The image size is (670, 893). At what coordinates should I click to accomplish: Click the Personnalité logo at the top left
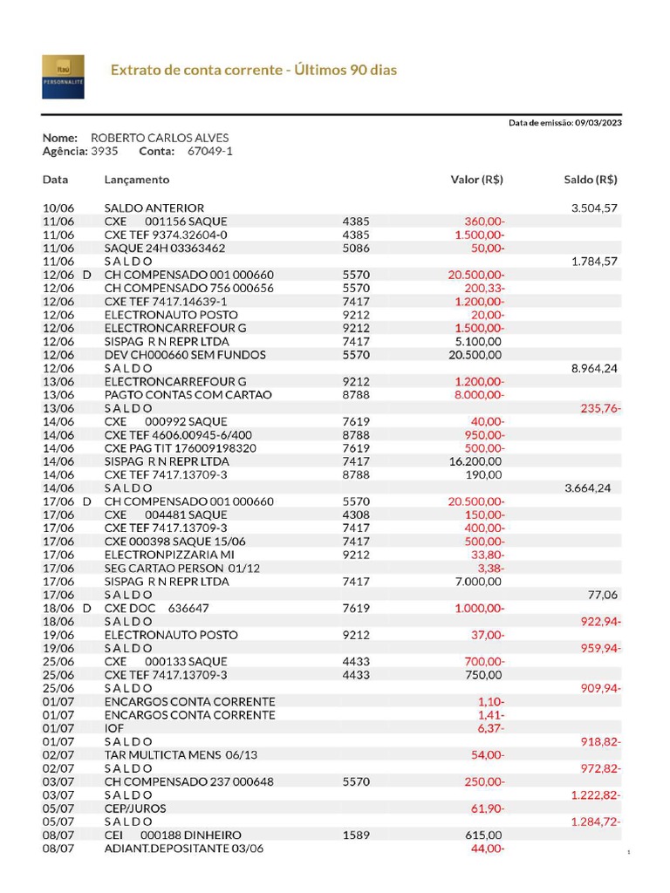coord(63,76)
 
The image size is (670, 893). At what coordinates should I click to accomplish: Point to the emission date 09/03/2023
coord(598,123)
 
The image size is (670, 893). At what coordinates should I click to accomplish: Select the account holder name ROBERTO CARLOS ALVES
coord(161,138)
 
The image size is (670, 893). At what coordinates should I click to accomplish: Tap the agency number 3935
coord(105,151)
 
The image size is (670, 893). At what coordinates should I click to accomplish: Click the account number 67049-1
coord(210,151)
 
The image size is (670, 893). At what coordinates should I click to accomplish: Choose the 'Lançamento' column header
coord(137,180)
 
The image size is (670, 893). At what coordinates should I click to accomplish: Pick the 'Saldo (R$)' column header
coord(591,180)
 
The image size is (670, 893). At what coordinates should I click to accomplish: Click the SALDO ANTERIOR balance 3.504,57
coord(594,208)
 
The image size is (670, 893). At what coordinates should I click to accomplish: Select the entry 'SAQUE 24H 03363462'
coord(165,248)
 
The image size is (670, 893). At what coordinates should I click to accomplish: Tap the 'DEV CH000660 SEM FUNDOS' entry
coord(185,355)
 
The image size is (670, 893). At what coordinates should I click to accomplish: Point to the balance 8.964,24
coord(594,368)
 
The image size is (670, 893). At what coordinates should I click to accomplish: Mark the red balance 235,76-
coord(601,408)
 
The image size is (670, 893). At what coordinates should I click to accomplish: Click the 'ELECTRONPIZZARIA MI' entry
coord(169,555)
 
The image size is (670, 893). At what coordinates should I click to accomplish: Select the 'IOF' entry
coord(114,728)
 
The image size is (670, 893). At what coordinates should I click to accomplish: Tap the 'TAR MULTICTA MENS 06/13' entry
coord(181,755)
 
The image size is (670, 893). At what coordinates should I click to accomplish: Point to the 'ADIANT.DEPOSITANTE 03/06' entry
coord(183,849)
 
